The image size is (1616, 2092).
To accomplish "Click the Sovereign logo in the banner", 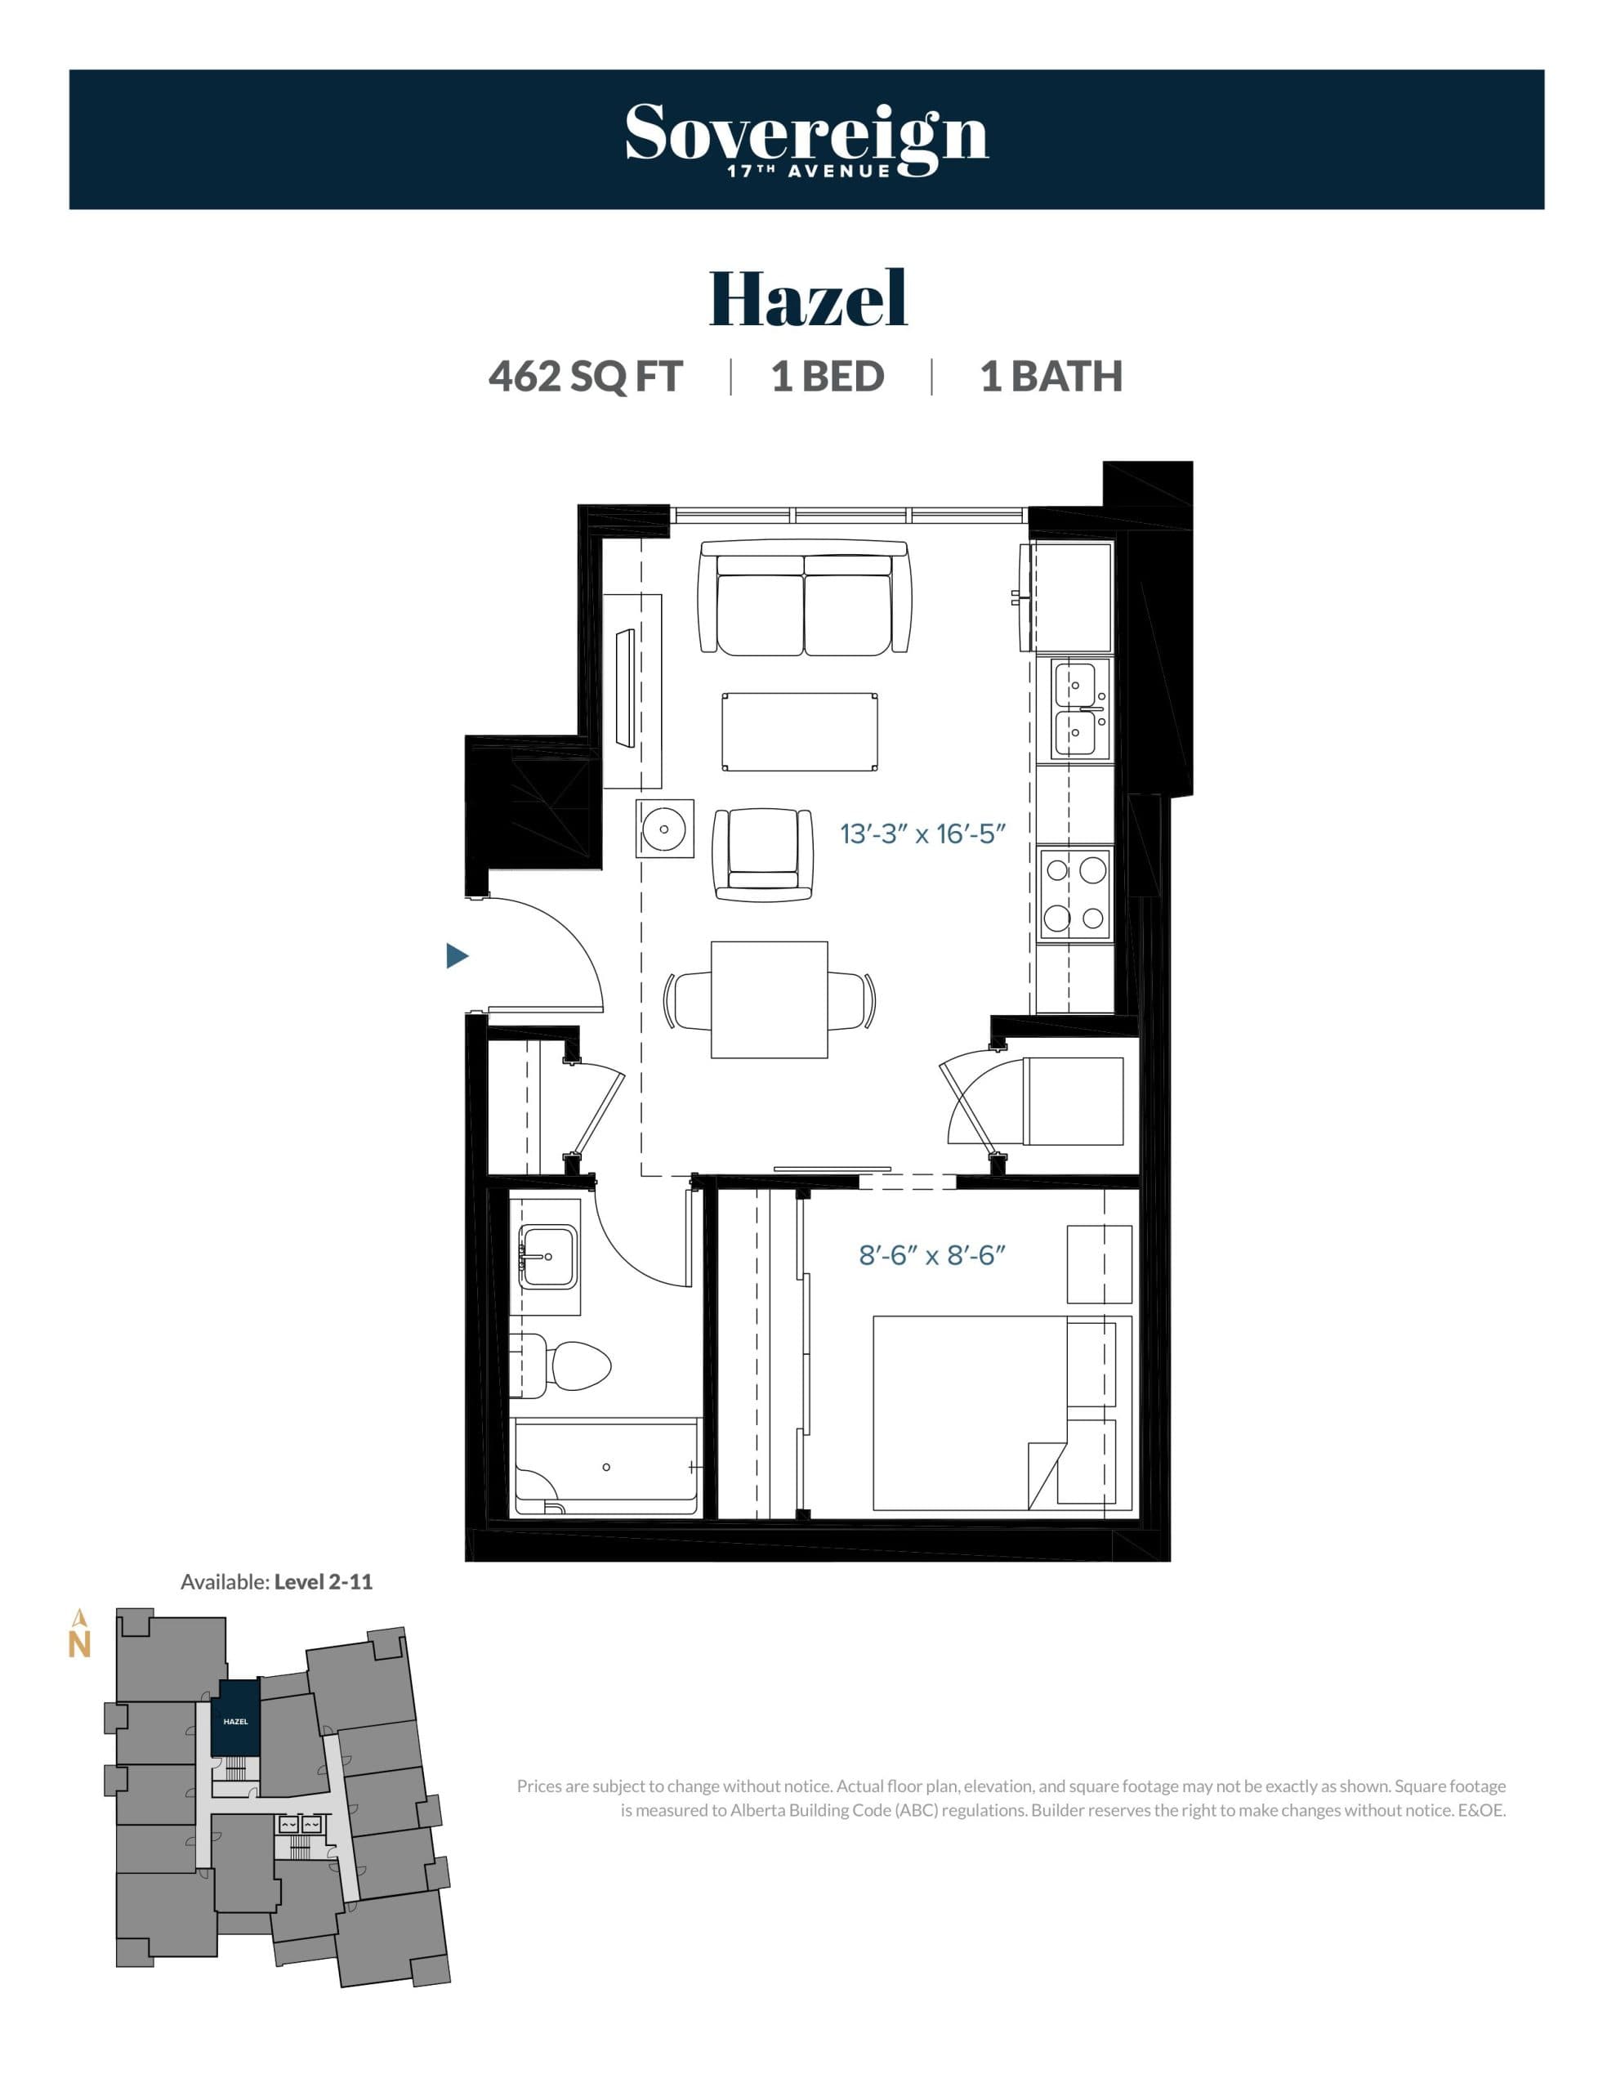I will click(806, 139).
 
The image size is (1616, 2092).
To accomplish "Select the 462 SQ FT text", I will click(585, 377).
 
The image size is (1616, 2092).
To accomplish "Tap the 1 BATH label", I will click(1051, 377).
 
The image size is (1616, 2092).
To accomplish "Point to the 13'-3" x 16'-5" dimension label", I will click(922, 834).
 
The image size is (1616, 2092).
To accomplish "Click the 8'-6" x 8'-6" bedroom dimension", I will click(931, 1255).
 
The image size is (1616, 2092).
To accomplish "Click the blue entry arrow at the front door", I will click(457, 955).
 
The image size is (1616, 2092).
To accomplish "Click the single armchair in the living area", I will click(763, 853).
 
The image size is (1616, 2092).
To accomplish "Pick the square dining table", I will click(770, 1000).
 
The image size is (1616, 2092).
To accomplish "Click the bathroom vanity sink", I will click(548, 1256).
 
